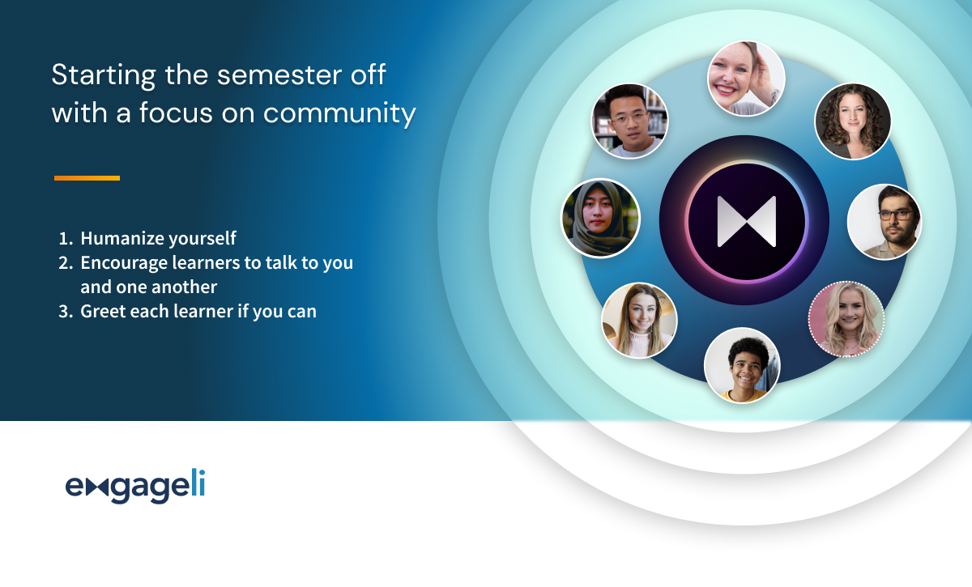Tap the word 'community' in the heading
tap(339, 113)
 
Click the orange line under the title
tap(87, 178)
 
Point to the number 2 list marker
tap(66, 263)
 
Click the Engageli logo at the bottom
tap(135, 486)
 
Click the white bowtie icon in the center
tap(746, 221)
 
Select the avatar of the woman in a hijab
tap(600, 219)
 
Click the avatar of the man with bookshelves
tap(629, 121)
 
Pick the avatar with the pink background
tap(846, 319)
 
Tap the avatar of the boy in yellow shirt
tap(742, 366)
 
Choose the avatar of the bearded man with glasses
tap(885, 222)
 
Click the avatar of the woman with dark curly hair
tap(853, 121)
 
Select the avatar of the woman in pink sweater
tap(639, 321)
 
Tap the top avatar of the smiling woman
tap(746, 79)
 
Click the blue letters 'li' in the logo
tap(198, 482)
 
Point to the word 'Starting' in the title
tap(104, 76)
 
